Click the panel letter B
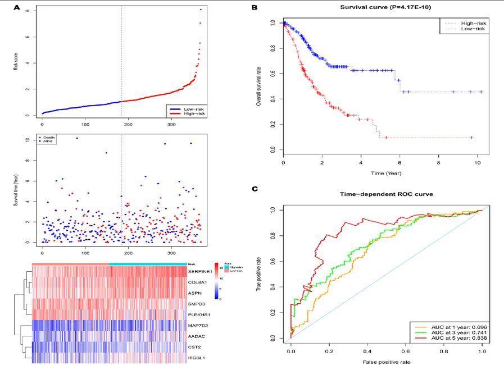255,8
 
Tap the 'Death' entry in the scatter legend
48,136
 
